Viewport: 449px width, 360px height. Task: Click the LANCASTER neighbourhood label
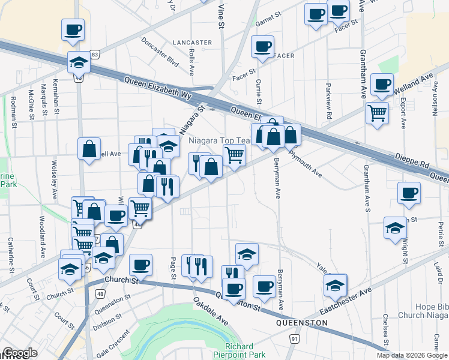(x=192, y=43)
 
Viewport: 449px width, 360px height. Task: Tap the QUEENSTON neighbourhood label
(x=301, y=323)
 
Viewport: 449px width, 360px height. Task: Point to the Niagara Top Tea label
(x=219, y=140)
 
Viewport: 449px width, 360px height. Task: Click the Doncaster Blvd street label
(x=160, y=52)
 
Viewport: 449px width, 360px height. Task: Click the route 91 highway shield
(x=294, y=339)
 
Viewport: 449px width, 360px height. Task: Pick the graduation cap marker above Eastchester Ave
(x=336, y=284)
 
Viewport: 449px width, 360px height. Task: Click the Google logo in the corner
(x=19, y=353)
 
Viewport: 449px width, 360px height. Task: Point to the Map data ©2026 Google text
(x=412, y=355)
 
